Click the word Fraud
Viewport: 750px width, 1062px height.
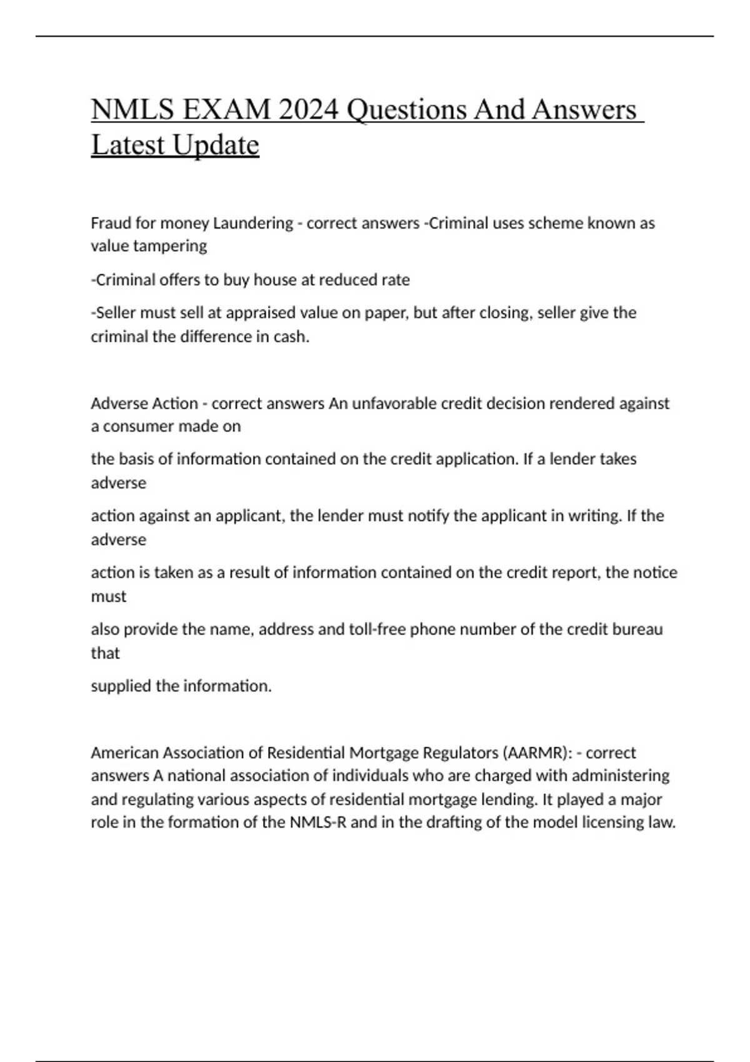(x=109, y=223)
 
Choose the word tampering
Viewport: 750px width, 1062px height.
(x=170, y=246)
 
